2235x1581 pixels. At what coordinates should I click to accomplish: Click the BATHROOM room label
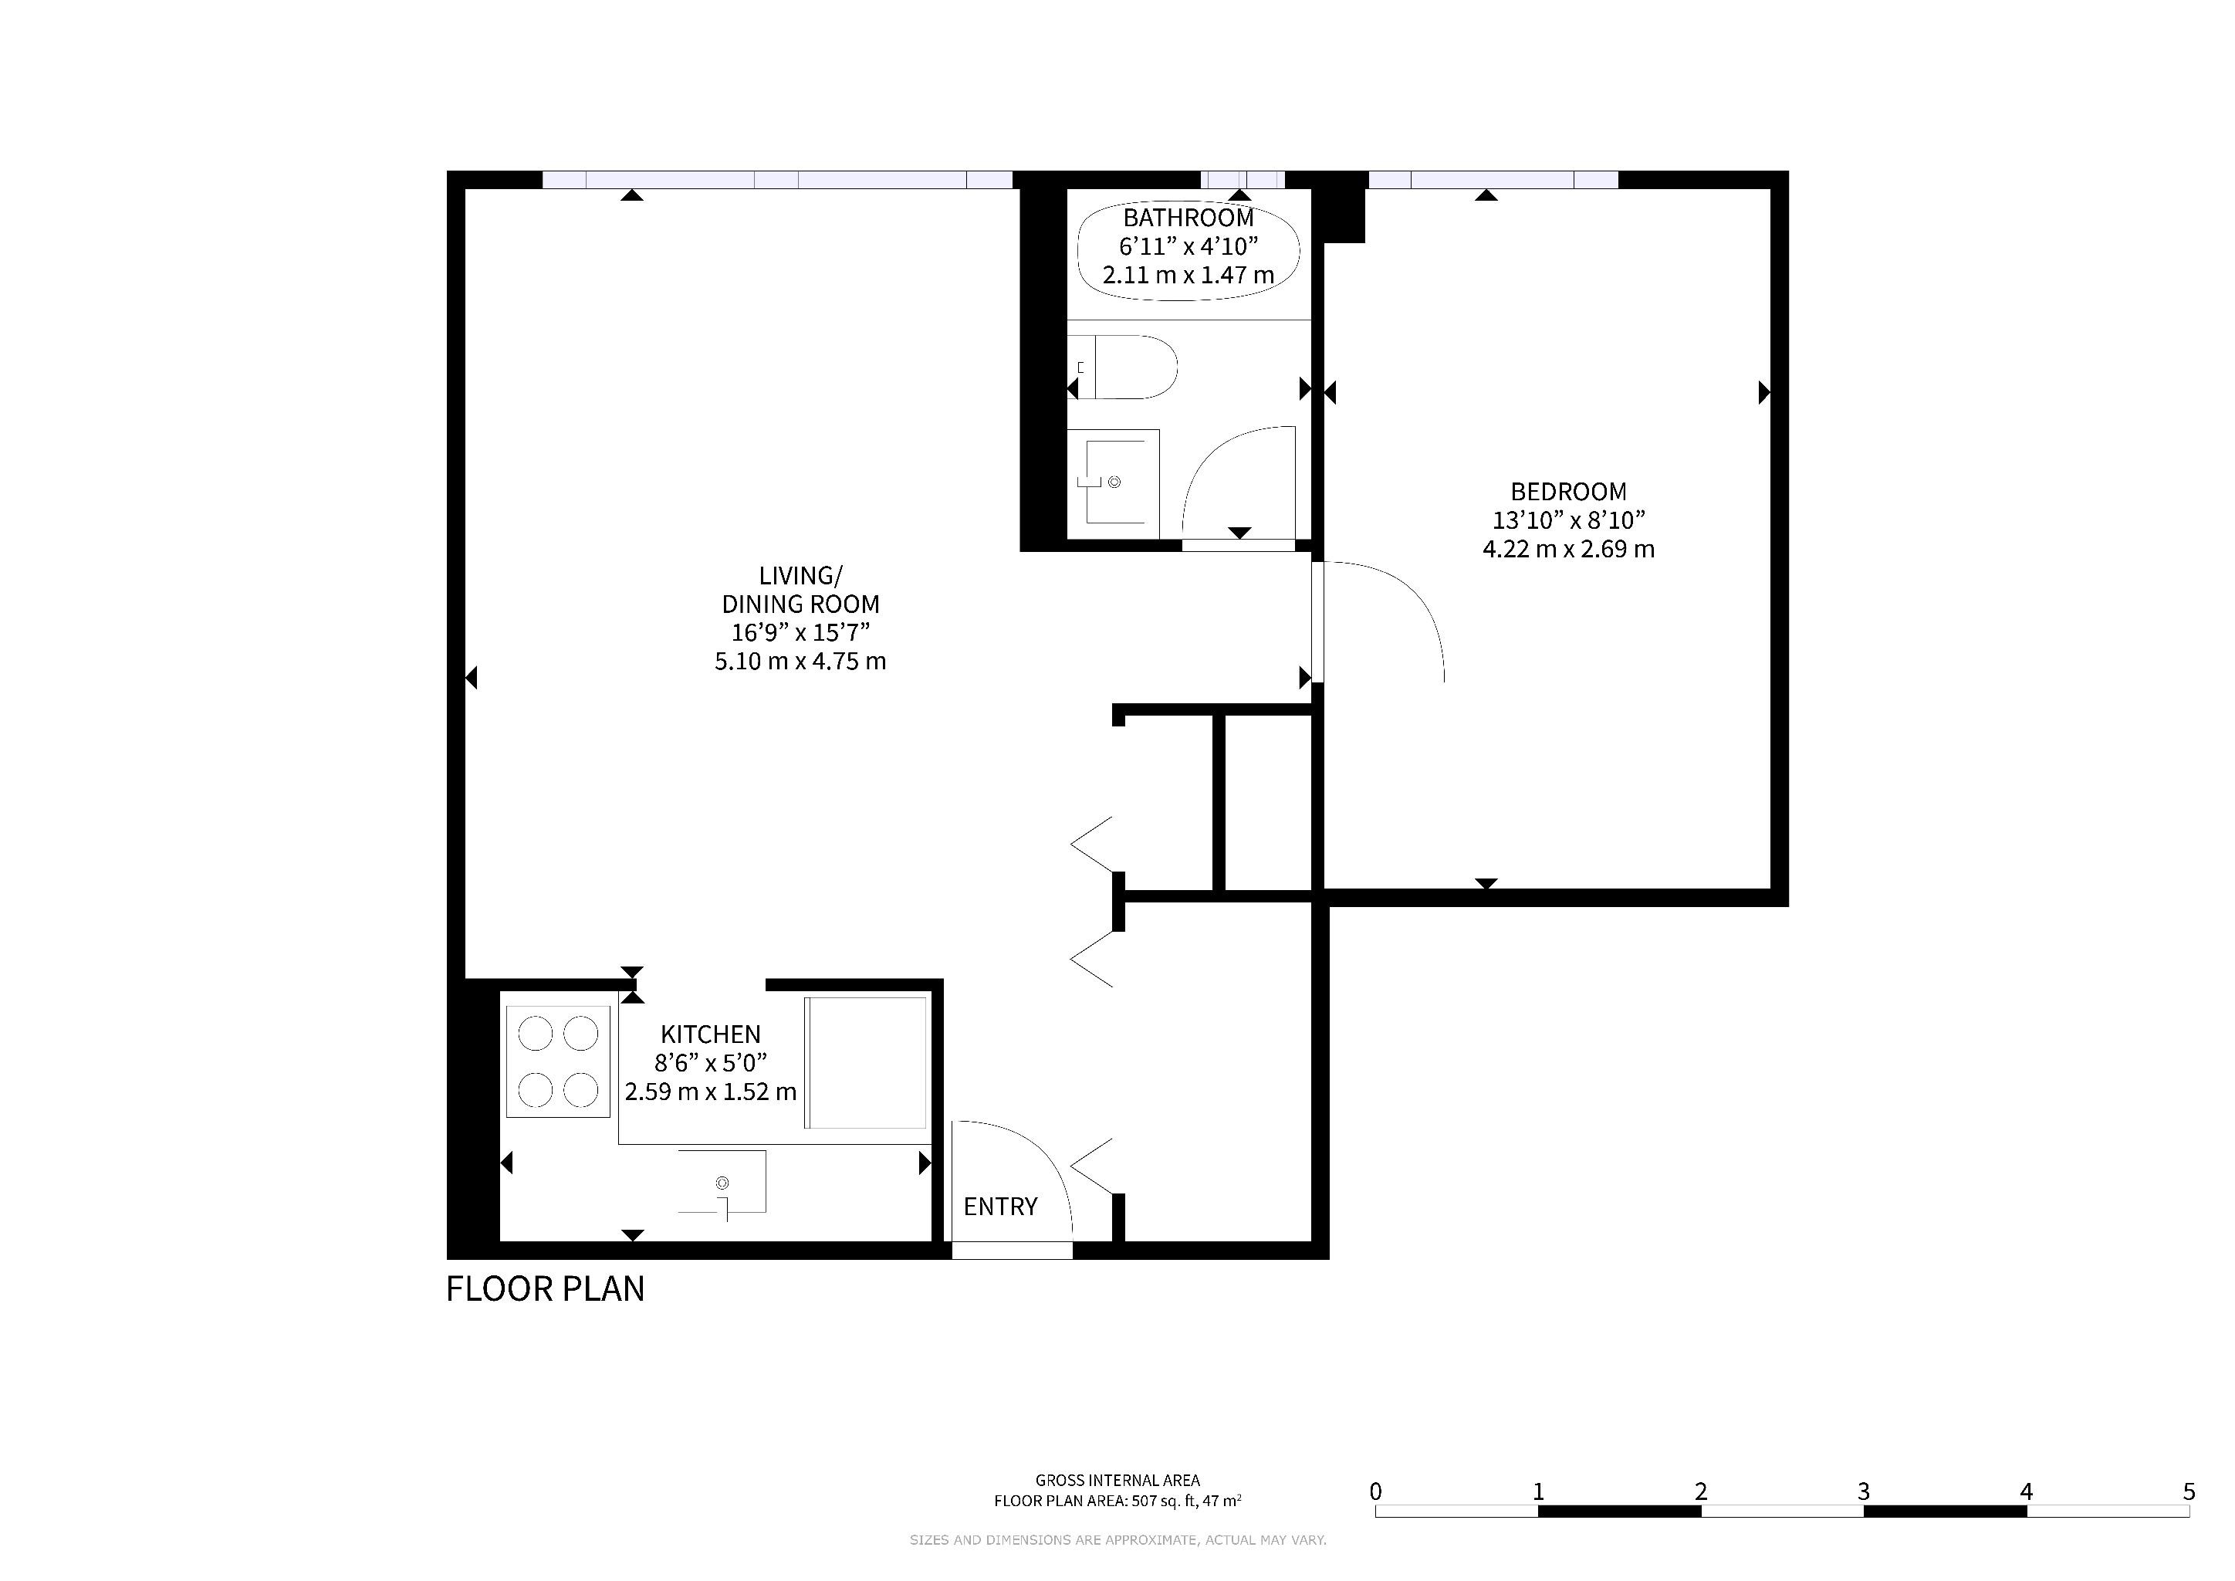[1189, 218]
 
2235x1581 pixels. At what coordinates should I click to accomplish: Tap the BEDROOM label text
[1568, 492]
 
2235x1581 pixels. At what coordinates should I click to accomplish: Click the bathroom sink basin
[1114, 482]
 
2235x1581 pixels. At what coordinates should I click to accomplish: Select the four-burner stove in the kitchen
[558, 1061]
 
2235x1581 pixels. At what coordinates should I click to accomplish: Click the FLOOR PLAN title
[545, 1289]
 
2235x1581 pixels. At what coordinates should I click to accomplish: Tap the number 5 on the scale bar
[2189, 1491]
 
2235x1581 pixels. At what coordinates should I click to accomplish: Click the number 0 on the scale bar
[1375, 1491]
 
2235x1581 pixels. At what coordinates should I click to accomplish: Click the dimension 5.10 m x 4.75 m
[800, 662]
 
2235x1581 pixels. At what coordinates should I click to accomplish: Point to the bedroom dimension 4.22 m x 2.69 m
[1568, 549]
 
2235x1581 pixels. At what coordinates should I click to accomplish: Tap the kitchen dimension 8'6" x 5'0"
[711, 1062]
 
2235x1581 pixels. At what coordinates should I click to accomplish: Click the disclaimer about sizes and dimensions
[1117, 1540]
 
